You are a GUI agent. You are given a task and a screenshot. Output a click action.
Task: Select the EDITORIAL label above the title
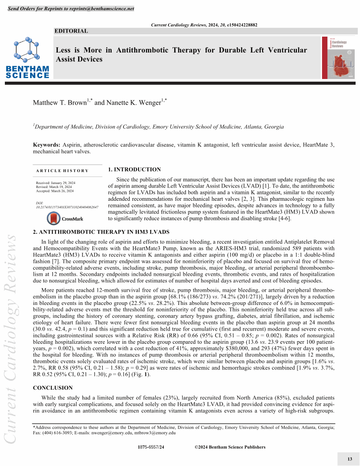coord(71,31)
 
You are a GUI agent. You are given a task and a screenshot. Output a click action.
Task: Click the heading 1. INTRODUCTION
coord(134,169)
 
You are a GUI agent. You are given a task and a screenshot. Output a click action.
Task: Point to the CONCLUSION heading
coord(53,388)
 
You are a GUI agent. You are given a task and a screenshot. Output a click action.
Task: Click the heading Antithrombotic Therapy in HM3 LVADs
coord(101,232)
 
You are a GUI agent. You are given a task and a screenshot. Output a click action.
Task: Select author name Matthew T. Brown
coord(60,103)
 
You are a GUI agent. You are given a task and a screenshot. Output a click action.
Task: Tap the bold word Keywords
coord(46,145)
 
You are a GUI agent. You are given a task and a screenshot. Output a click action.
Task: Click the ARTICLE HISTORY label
coord(62,171)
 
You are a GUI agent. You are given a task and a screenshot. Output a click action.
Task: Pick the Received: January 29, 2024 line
coord(55,183)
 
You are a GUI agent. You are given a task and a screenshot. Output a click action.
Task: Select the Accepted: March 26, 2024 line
coord(55,191)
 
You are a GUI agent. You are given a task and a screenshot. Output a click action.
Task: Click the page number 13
coord(350,459)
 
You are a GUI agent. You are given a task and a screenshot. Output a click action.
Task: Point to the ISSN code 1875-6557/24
coord(151,447)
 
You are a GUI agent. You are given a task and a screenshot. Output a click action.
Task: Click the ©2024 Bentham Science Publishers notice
coord(230,447)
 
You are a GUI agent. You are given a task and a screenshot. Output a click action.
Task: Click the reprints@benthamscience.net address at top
coord(101,9)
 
